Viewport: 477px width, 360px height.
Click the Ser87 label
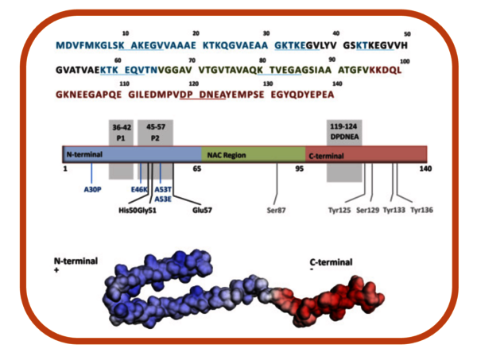coord(276,211)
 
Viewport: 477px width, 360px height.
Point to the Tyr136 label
coord(421,211)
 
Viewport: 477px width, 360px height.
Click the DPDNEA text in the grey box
coord(344,136)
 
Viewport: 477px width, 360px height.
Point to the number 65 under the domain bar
coord(196,168)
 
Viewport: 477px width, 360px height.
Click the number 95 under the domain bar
coord(301,168)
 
